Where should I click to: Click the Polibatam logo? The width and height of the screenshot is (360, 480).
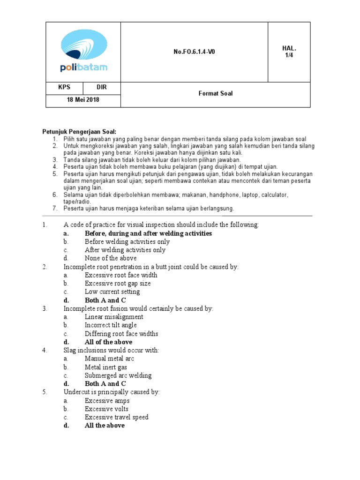coord(84,52)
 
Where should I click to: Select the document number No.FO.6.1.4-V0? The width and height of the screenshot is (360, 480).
coord(194,52)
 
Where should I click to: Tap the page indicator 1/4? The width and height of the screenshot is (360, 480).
coord(289,52)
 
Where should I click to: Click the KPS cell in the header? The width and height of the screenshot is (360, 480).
coord(64,88)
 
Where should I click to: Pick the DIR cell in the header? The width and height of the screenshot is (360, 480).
coord(102,88)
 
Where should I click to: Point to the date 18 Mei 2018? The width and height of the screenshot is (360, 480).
coord(83,100)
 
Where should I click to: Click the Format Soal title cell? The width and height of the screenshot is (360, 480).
coord(215,94)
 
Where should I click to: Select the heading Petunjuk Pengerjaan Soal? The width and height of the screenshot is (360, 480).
coord(79,132)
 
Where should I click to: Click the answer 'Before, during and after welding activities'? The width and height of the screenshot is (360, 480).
coord(148,233)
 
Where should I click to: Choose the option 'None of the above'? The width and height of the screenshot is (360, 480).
coord(111,258)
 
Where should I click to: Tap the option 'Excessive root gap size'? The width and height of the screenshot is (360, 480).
coord(118,284)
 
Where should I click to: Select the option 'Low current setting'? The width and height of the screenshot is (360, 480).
coord(112,292)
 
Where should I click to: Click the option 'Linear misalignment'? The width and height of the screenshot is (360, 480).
coord(114,317)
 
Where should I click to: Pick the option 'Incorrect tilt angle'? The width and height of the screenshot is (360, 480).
coord(111,325)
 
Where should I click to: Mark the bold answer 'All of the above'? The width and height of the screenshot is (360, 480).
coord(108,342)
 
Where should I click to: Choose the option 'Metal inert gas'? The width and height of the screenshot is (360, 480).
coord(105,367)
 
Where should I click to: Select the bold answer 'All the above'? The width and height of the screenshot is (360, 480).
coord(105,426)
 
